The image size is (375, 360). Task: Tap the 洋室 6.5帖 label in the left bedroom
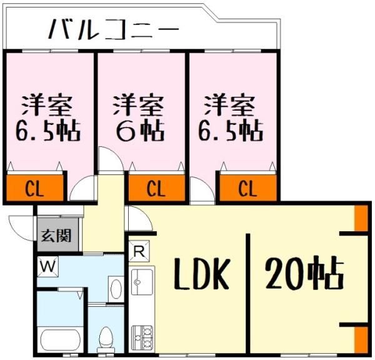44,117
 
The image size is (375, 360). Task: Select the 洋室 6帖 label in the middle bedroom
138,117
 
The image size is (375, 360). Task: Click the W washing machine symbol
47,267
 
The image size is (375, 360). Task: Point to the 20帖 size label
304,273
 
